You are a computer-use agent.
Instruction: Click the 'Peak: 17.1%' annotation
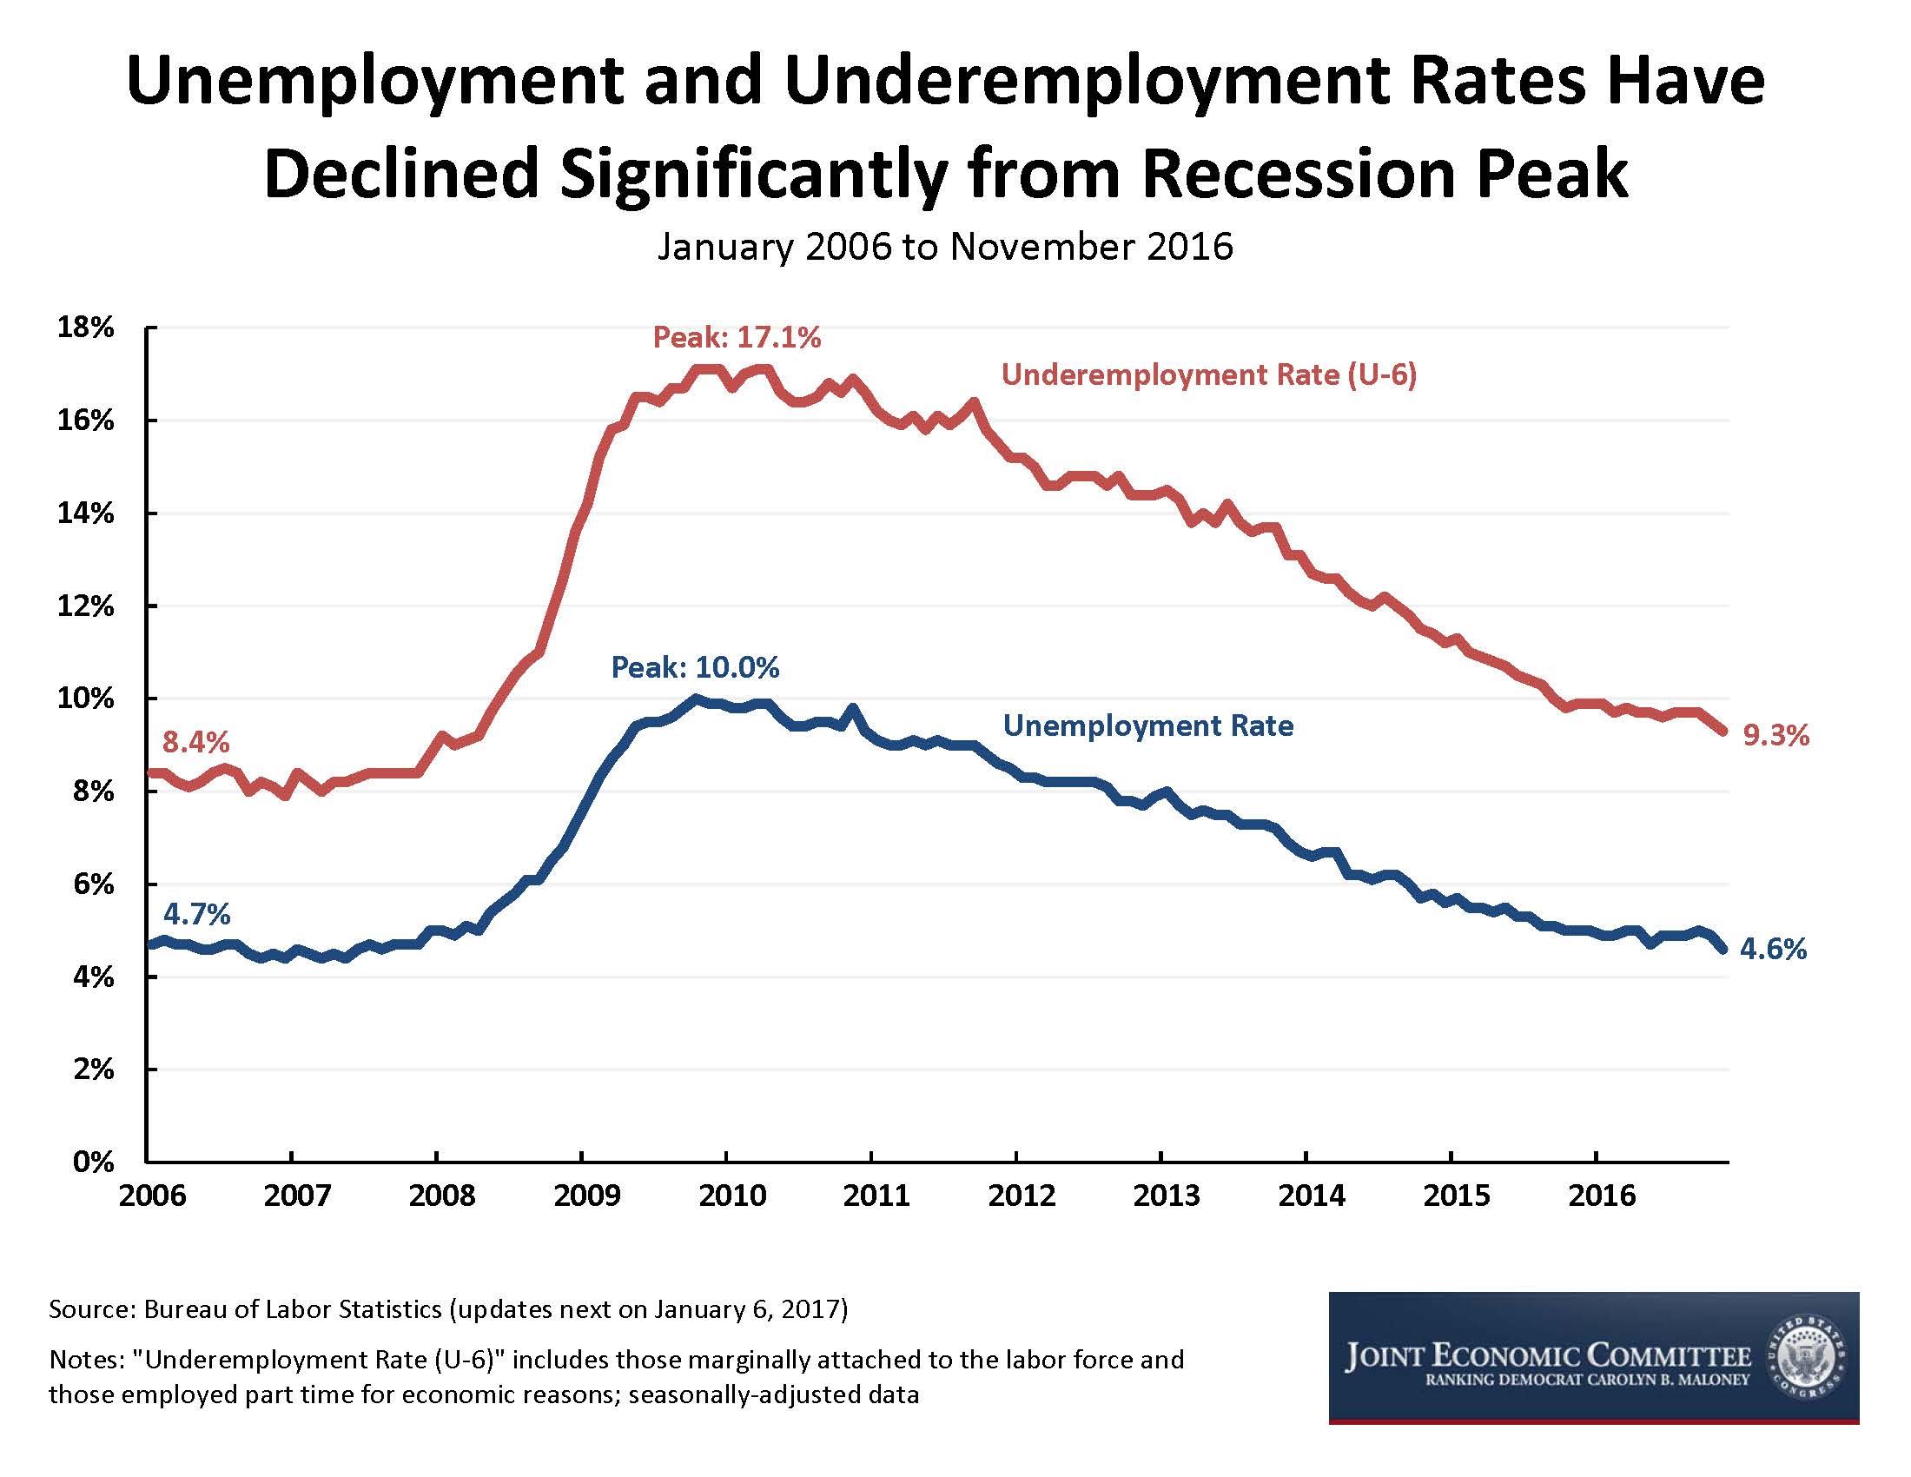click(x=737, y=338)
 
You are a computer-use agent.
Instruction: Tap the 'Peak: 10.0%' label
click(x=695, y=667)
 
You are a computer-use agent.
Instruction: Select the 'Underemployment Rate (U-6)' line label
click(x=1208, y=374)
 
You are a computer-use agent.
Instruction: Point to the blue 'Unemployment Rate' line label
click(x=1147, y=725)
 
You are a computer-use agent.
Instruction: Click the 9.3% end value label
click(x=1775, y=736)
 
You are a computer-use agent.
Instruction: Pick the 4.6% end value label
click(x=1773, y=949)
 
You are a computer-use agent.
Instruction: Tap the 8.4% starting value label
click(x=196, y=743)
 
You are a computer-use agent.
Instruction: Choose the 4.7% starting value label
click(x=197, y=914)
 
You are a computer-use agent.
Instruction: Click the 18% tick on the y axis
click(x=86, y=328)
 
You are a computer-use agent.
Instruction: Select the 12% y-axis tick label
click(x=86, y=606)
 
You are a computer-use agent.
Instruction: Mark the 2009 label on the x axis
click(x=586, y=1196)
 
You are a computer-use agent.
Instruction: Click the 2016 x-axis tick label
click(x=1601, y=1196)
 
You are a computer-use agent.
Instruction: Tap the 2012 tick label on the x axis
click(x=1022, y=1196)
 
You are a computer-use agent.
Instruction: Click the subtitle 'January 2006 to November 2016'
click(x=945, y=247)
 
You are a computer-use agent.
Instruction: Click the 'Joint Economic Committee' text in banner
click(x=1547, y=1357)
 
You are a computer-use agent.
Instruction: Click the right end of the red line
click(x=1723, y=732)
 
